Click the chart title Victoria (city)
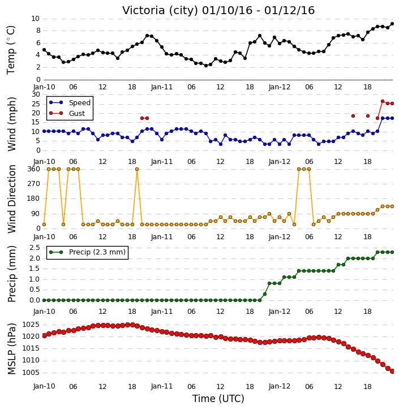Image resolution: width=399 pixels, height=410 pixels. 160,11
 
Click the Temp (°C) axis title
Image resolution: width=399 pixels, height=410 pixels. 11,50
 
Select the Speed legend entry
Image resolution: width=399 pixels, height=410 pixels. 70,102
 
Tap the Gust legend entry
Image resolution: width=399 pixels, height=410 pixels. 67,113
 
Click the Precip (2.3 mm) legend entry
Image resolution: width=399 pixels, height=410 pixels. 87,252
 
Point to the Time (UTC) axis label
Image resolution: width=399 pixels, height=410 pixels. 218,399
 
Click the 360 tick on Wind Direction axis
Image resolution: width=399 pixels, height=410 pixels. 34,169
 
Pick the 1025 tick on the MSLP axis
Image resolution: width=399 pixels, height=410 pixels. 31,325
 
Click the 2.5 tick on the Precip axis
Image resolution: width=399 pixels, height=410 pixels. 35,247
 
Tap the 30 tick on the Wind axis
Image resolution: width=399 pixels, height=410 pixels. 36,94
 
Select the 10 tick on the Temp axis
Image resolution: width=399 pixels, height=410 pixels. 36,19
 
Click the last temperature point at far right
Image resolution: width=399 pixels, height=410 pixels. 392,24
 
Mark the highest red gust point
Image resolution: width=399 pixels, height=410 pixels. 383,101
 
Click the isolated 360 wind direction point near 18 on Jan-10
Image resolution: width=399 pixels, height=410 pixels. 137,169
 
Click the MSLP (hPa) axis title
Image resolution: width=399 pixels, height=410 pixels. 11,349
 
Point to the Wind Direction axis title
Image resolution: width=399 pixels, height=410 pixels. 11,198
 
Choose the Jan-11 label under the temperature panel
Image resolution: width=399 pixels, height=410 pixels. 162,87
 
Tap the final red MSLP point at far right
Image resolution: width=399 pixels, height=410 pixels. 392,371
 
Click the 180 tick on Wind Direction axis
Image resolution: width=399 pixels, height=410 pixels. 34,198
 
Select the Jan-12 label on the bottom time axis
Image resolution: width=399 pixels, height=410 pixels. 280,386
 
